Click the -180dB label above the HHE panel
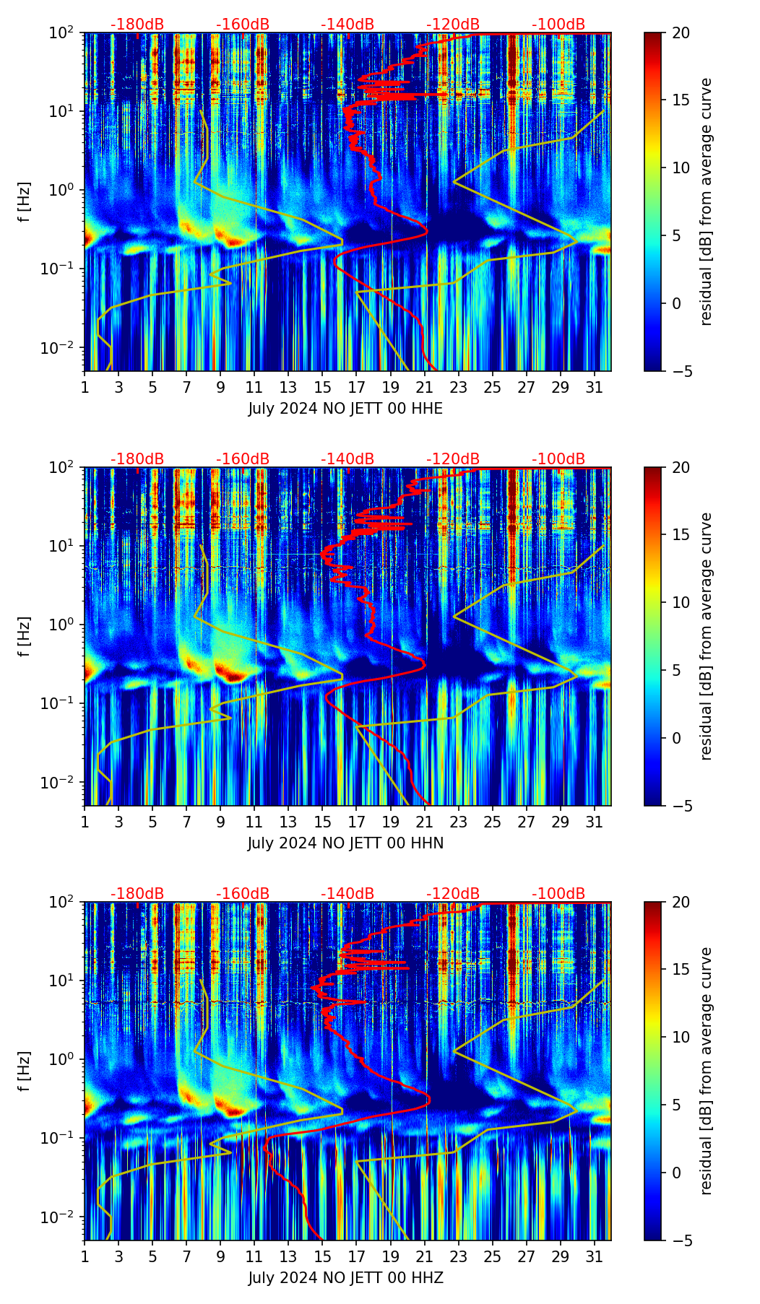(137, 25)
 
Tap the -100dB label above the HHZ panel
(558, 894)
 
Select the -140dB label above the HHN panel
(347, 459)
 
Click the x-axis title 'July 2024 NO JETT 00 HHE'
(345, 409)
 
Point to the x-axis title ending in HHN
(345, 843)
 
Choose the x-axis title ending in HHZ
(345, 1278)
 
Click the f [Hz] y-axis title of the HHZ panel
(25, 1071)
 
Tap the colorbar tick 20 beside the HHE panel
(681, 32)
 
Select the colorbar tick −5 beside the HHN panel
(681, 805)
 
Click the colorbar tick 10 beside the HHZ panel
(681, 1037)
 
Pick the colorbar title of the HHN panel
(706, 636)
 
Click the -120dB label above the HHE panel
(453, 25)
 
